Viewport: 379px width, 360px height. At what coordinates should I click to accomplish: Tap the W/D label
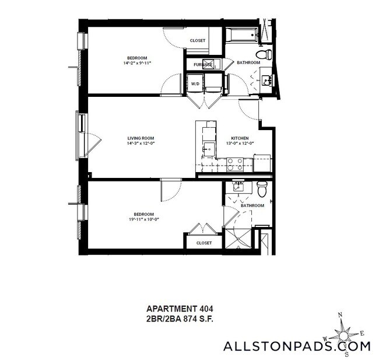[x=195, y=84]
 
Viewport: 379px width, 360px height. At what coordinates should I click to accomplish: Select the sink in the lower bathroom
[x=238, y=187]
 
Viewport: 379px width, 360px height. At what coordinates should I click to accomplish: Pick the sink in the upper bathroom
[x=266, y=81]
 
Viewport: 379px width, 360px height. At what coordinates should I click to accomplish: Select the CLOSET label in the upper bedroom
[x=198, y=40]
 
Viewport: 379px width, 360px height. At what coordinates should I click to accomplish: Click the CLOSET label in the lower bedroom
[x=203, y=243]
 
